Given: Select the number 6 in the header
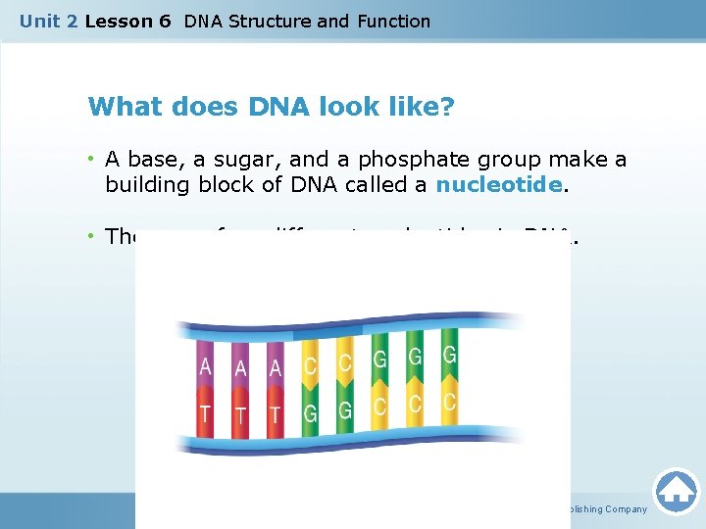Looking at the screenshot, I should coord(164,21).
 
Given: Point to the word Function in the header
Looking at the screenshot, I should coord(393,21).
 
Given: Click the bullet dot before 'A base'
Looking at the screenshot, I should coord(92,159).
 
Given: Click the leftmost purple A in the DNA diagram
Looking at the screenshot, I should coord(205,366).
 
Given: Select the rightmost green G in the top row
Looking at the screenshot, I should coord(449,355).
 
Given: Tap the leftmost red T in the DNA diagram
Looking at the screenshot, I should coord(205,413).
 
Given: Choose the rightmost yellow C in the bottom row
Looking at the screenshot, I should coord(449,402).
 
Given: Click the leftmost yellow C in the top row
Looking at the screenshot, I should coord(310,366).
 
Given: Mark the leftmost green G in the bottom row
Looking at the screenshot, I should coord(310,414).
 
